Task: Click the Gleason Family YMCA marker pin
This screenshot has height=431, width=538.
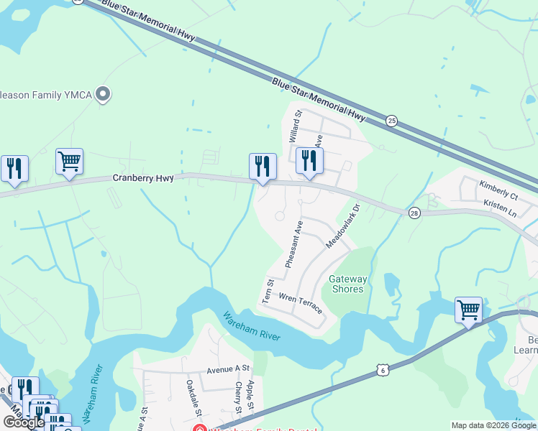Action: (x=104, y=94)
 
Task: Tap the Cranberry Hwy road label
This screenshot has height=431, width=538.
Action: (x=143, y=177)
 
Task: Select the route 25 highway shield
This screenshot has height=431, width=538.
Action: (x=391, y=121)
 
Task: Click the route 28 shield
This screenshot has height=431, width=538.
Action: (x=414, y=213)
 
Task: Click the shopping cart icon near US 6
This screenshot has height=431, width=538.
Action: (x=468, y=310)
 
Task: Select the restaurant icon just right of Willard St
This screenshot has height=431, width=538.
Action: (x=309, y=162)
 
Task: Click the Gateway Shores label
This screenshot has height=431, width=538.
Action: (x=348, y=284)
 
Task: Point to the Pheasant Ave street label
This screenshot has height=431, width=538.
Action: (x=293, y=244)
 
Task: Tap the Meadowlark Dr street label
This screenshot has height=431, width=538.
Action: (x=342, y=227)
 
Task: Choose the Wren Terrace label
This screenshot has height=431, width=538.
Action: (x=300, y=302)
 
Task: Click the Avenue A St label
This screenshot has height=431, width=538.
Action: (x=228, y=371)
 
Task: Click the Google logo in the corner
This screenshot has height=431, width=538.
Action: (x=24, y=422)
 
